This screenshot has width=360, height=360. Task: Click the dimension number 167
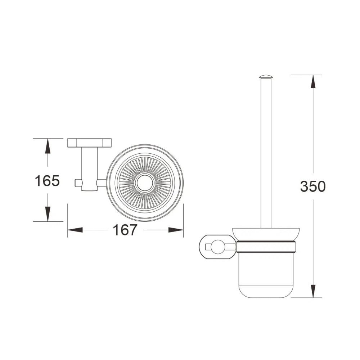point(125,230)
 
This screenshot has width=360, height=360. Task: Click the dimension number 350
point(313,186)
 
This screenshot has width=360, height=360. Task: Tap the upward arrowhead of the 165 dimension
point(48,146)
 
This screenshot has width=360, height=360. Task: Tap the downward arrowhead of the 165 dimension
point(48,214)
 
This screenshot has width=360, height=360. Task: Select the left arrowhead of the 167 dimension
point(75,230)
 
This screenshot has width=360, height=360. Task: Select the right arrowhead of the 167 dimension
point(176,230)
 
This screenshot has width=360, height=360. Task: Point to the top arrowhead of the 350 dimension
point(313,82)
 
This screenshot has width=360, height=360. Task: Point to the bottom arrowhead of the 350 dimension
point(313,291)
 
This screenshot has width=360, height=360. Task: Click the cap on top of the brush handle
point(266,77)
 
